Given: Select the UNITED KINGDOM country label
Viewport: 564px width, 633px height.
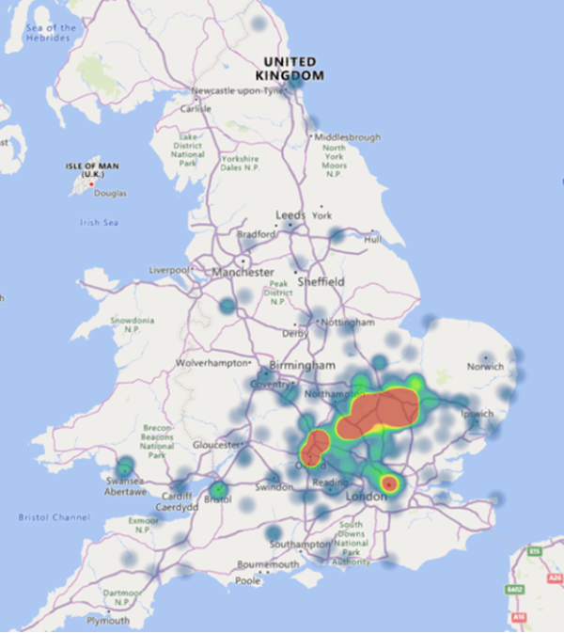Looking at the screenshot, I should click(293, 68).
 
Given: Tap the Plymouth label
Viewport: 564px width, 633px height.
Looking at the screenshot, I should click(108, 621).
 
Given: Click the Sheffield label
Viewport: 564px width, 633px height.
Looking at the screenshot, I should click(321, 281).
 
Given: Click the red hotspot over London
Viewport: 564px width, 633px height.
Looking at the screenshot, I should click(388, 483).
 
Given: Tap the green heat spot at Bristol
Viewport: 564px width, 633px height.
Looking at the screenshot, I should click(218, 490).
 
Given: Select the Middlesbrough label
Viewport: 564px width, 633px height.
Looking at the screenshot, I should click(347, 136).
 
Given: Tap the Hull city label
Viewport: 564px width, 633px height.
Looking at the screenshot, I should click(373, 240).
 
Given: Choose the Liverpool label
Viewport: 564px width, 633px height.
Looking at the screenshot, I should click(168, 270).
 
